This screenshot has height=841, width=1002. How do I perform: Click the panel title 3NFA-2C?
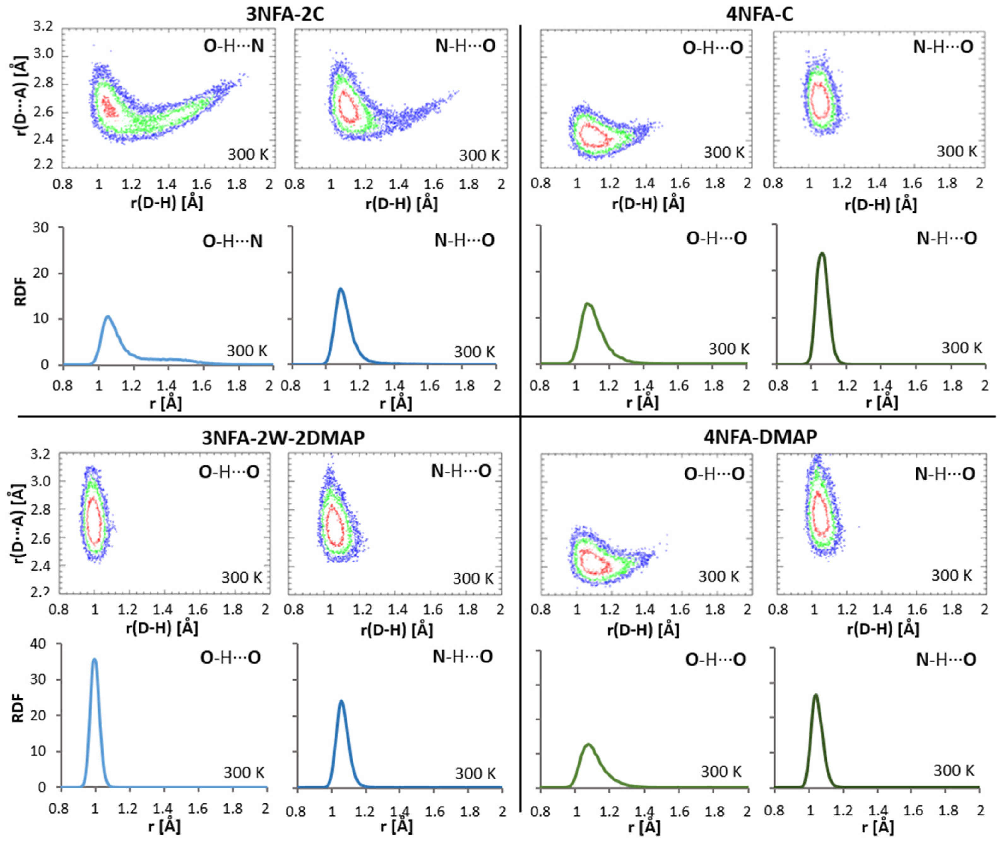(x=285, y=14)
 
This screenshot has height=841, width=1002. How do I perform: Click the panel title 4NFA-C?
(x=760, y=14)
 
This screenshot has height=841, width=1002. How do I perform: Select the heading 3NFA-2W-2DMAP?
(x=283, y=438)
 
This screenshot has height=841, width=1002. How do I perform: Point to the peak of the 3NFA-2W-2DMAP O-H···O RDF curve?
(x=94, y=660)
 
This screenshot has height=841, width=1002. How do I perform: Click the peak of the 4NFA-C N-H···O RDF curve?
(x=822, y=253)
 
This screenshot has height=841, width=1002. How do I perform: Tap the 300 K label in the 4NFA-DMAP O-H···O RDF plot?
(x=720, y=771)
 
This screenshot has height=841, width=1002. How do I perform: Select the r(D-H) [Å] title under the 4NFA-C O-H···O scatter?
(x=648, y=204)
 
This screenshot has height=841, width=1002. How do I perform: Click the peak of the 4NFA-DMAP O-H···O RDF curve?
(x=588, y=744)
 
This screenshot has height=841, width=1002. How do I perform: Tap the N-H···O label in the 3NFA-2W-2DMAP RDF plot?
(x=462, y=657)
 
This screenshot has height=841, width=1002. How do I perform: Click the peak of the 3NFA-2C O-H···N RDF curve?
(x=108, y=316)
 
